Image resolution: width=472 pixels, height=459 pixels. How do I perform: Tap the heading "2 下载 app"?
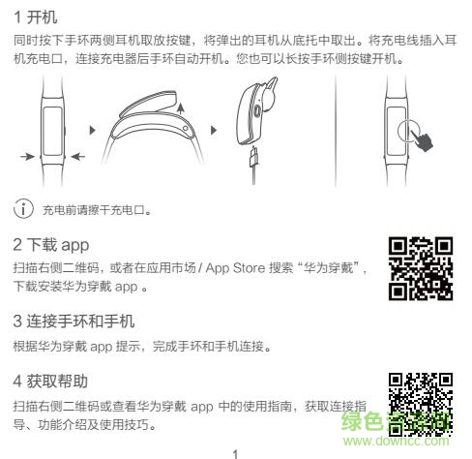56,244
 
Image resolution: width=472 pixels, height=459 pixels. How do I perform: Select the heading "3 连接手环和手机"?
74,321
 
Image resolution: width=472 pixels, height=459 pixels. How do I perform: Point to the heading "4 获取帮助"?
53,381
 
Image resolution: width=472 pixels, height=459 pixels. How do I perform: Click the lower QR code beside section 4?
420,401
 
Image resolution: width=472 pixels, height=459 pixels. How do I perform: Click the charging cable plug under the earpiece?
253,160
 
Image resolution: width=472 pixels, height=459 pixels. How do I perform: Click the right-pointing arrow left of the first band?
28,155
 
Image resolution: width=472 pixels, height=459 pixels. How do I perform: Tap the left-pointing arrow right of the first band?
77,155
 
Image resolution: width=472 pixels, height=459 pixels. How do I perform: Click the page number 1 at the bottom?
235,451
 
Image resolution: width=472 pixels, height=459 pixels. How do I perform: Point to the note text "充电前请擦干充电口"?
97,209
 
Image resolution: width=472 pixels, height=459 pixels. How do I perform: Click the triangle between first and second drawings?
93,129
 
